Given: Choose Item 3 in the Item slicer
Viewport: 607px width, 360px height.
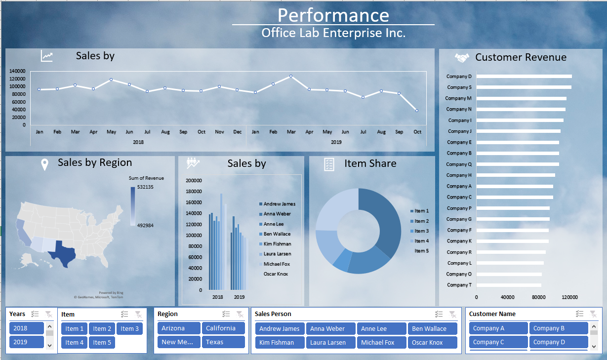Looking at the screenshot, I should pyautogui.click(x=130, y=329).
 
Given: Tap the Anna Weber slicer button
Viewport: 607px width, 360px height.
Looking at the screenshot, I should pyautogui.click(x=327, y=329).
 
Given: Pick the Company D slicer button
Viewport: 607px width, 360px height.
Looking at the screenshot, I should pyautogui.click(x=558, y=342).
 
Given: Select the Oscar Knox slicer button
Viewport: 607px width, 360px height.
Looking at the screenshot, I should pyautogui.click(x=432, y=343).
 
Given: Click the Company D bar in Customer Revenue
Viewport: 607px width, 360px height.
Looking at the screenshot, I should pyautogui.click(x=524, y=77).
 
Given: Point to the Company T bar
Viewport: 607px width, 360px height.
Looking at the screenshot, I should pyautogui.click(x=508, y=285).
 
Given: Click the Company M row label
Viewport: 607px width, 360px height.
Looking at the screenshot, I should pyautogui.click(x=458, y=98).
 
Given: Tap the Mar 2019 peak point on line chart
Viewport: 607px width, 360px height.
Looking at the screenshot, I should pyautogui.click(x=291, y=76).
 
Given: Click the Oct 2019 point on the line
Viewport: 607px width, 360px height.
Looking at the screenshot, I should pyautogui.click(x=417, y=111).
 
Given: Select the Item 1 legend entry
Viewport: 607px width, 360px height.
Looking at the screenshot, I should pyautogui.click(x=421, y=211).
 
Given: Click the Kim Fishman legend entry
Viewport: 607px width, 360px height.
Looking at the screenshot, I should pyautogui.click(x=277, y=244).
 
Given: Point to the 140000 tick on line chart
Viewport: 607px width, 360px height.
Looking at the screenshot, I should pyautogui.click(x=17, y=71).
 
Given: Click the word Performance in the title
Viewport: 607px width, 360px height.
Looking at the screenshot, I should pyautogui.click(x=333, y=15).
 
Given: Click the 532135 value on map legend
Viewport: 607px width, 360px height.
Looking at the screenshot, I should pyautogui.click(x=145, y=187).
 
